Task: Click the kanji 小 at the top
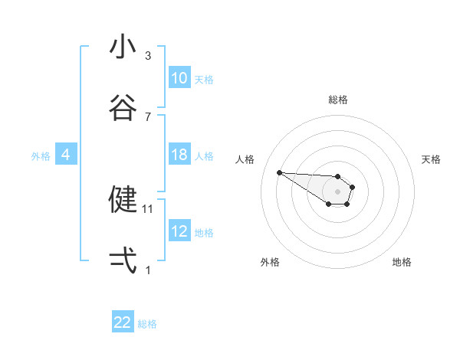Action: pyautogui.click(x=123, y=47)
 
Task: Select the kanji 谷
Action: pyautogui.click(x=123, y=108)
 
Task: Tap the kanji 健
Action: pyautogui.click(x=123, y=199)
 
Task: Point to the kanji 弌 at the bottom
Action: pyautogui.click(x=123, y=260)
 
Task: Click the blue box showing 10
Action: pyautogui.click(x=179, y=78)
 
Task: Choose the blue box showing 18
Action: pyautogui.click(x=179, y=155)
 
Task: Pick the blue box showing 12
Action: pyautogui.click(x=179, y=231)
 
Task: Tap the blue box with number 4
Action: pyautogui.click(x=65, y=155)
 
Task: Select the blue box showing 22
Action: pyautogui.click(x=123, y=322)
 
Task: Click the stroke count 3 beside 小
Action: pyautogui.click(x=149, y=56)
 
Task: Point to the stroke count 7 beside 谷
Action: pyautogui.click(x=149, y=117)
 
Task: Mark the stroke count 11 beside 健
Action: pyautogui.click(x=149, y=208)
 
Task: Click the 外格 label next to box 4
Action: pyautogui.click(x=41, y=156)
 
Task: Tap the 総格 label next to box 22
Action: pyautogui.click(x=147, y=324)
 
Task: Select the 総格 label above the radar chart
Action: pyautogui.click(x=338, y=100)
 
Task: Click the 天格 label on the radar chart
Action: pyautogui.click(x=432, y=159)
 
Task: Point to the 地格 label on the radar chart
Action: pyautogui.click(x=402, y=262)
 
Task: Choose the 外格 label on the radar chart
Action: pyautogui.click(x=270, y=262)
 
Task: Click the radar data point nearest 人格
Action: pyautogui.click(x=279, y=172)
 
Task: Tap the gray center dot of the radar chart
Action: pyautogui.click(x=337, y=191)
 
